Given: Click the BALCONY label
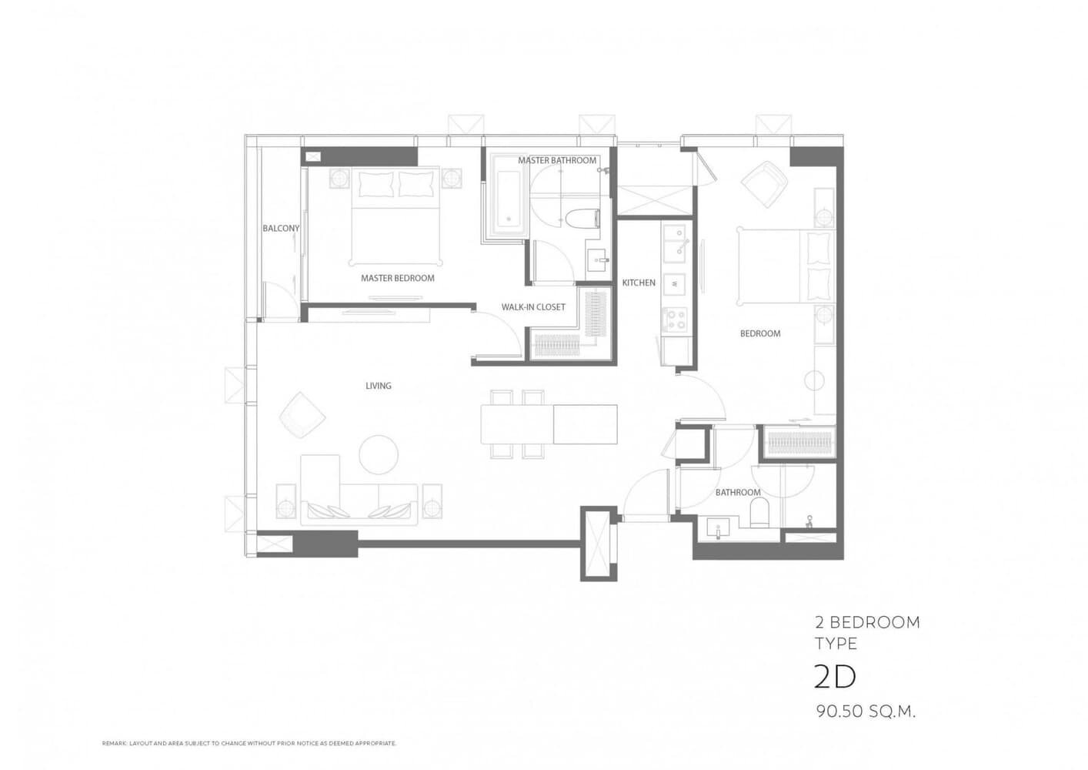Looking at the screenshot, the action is tap(281, 228).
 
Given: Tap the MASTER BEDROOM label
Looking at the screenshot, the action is tap(397, 278).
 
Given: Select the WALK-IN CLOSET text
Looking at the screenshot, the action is tap(533, 306).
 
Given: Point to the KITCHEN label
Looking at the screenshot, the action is tap(639, 283).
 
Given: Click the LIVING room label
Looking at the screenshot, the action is tap(379, 386).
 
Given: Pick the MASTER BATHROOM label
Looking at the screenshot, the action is tap(556, 160).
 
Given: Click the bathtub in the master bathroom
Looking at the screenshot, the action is tap(509, 195).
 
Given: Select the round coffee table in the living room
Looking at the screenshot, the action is tap(379, 454).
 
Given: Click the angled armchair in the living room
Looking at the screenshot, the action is tap(302, 415).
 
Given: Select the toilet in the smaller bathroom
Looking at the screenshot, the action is tap(759, 512).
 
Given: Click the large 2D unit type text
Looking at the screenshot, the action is tap(834, 677).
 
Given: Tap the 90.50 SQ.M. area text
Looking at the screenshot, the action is tap(866, 712).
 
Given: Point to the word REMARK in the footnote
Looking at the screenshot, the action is tap(114, 744).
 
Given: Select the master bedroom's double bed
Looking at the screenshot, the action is tap(395, 216).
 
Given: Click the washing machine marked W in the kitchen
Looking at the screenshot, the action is tap(675, 283).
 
